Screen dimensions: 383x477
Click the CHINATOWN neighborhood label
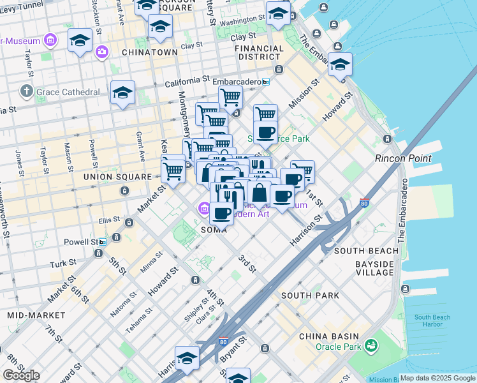click(149, 52)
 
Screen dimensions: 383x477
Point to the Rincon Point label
click(403, 158)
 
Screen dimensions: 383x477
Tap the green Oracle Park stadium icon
click(371, 346)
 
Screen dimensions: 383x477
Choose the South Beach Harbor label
click(432, 320)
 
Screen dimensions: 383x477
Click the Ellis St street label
click(105, 220)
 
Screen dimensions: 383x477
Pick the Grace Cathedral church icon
click(27, 92)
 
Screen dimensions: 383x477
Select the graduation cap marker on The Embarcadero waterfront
click(340, 64)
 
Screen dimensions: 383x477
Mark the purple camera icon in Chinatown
click(101, 52)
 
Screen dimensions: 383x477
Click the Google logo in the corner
click(21, 375)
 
